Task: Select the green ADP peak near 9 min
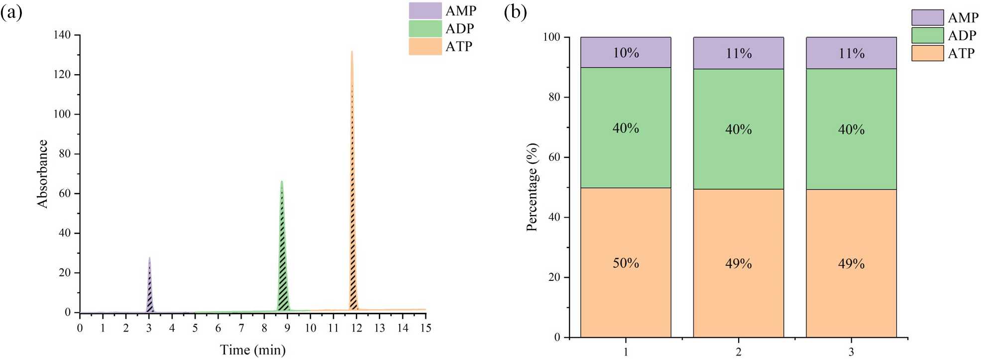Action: [x=283, y=279]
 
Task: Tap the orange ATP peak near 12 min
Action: [x=352, y=249]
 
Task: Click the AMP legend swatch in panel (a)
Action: [x=425, y=10]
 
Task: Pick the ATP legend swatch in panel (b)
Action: [x=927, y=53]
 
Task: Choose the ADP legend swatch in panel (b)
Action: [x=927, y=35]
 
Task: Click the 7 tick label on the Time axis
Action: [x=241, y=328]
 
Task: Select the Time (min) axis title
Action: [x=253, y=350]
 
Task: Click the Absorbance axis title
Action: [x=42, y=174]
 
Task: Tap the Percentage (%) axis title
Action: [x=532, y=187]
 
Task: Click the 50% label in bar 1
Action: [x=626, y=263]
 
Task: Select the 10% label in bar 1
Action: [x=626, y=53]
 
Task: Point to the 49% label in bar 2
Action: [x=738, y=263]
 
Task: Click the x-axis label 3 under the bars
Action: [x=851, y=352]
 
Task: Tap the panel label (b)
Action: [x=515, y=12]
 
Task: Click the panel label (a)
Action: [x=11, y=12]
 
